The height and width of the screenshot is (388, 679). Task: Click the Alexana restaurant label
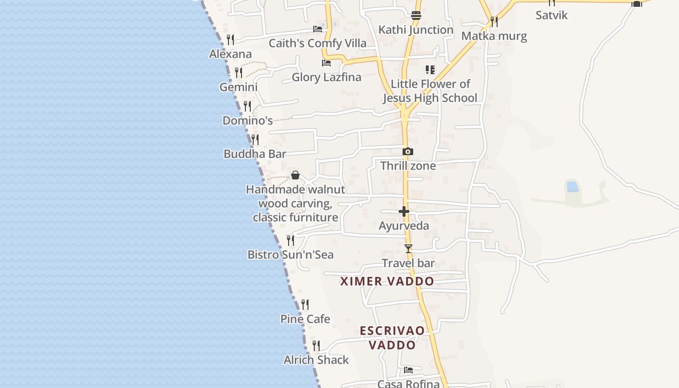click(x=230, y=54)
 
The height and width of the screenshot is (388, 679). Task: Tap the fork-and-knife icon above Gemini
click(x=239, y=73)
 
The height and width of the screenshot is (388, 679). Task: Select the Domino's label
click(x=247, y=120)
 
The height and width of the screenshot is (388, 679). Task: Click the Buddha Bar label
click(x=255, y=154)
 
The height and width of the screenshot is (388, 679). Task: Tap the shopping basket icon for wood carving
click(x=295, y=175)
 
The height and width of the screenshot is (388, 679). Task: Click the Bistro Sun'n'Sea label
click(x=291, y=255)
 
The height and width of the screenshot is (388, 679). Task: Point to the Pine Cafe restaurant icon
click(x=305, y=305)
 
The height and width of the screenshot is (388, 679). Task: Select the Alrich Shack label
click(x=316, y=360)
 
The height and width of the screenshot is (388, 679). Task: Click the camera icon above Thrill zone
click(x=408, y=152)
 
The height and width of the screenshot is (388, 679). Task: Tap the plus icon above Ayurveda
click(x=404, y=211)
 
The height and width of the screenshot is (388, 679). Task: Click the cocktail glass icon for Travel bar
click(x=408, y=249)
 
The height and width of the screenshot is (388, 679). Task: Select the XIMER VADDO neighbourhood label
click(x=387, y=281)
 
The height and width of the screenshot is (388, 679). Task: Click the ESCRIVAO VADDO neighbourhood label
click(x=392, y=338)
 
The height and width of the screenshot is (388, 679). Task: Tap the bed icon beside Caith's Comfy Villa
click(x=318, y=29)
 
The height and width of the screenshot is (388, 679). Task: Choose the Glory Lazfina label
click(x=326, y=77)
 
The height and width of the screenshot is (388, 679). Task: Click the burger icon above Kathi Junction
click(x=416, y=16)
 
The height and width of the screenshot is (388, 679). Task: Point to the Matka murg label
click(x=494, y=36)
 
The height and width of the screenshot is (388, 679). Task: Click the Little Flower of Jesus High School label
click(x=430, y=91)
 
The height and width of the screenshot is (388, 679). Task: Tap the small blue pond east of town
click(x=572, y=187)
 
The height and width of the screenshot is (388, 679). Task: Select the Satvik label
click(x=551, y=15)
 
